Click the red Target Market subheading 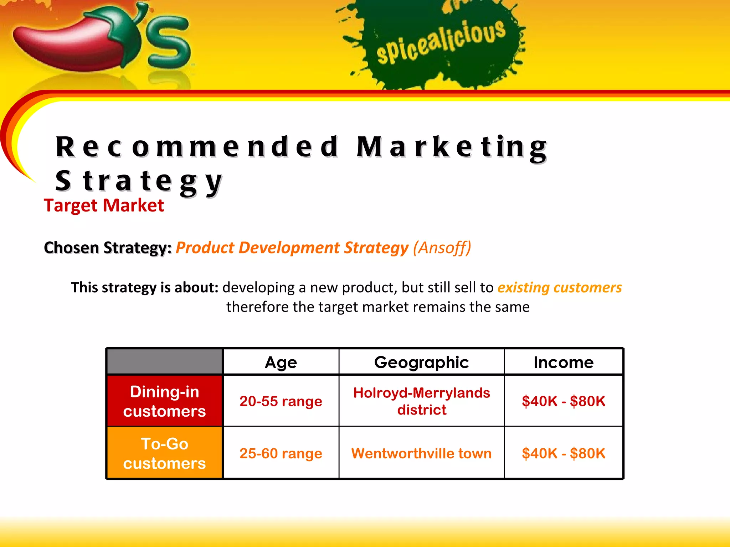(x=104, y=205)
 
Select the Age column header (x=281, y=363)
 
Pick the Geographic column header (x=421, y=363)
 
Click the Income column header (x=564, y=363)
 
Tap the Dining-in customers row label (x=164, y=401)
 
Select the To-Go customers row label (x=164, y=453)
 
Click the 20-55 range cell (x=281, y=401)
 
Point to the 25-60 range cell (x=281, y=453)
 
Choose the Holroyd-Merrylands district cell (x=421, y=401)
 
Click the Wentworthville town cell (x=421, y=453)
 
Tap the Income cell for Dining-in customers (x=564, y=401)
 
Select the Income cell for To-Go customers (x=564, y=453)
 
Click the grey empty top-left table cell (x=164, y=362)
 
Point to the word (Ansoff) (x=442, y=248)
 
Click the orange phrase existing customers (x=560, y=288)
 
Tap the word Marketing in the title (x=452, y=147)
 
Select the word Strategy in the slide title (x=139, y=181)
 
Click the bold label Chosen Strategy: (x=108, y=248)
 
